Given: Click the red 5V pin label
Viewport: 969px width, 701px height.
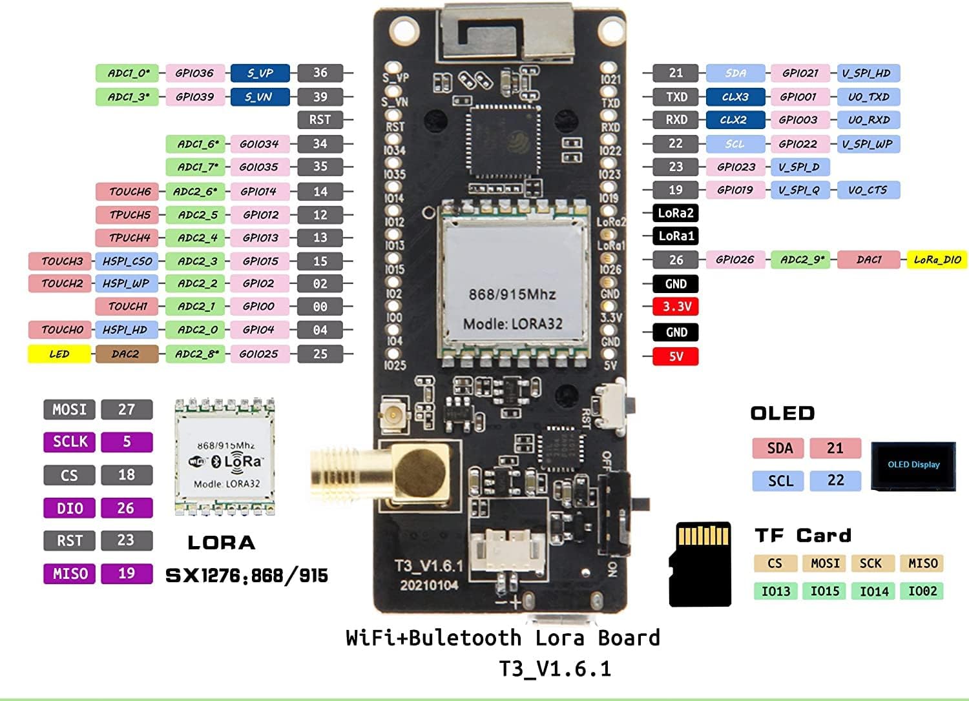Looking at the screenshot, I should [x=676, y=356].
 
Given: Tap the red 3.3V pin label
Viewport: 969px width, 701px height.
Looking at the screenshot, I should [x=676, y=307].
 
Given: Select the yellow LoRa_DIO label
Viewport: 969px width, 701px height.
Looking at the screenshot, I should [x=937, y=260].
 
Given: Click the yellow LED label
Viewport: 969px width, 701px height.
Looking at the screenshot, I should [x=59, y=354].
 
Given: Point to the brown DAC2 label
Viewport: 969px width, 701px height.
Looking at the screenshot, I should [x=126, y=354].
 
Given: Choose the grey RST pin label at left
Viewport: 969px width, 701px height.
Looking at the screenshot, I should [x=320, y=119].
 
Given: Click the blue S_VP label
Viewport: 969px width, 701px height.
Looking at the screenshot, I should [x=260, y=73].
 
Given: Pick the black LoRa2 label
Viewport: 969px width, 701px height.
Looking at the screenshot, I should [x=676, y=213].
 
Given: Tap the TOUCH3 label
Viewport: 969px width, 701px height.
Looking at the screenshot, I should [x=61, y=261].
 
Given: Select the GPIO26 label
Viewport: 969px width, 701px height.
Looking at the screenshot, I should [x=735, y=259].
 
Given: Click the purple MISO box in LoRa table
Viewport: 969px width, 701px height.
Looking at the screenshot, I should [x=70, y=573].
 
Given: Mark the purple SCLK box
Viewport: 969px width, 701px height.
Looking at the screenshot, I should [x=70, y=442].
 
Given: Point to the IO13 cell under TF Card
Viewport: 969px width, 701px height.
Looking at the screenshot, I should [x=775, y=591].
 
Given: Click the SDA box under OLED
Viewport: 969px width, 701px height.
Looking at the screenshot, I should [x=780, y=448].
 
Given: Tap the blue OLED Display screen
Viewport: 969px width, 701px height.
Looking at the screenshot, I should [x=913, y=465].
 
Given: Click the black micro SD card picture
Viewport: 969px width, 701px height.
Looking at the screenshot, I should [x=700, y=564].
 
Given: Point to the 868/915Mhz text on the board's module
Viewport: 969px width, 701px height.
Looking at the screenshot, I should [x=512, y=294].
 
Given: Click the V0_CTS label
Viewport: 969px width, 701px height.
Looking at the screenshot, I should [x=867, y=190].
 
